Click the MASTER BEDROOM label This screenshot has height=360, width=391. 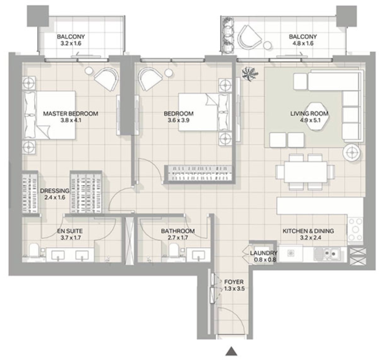point(70,113)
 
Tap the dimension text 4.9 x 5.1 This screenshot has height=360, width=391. point(309,120)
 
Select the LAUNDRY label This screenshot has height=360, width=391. point(264,253)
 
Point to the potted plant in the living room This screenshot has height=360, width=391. point(250,73)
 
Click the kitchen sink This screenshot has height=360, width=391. point(326,254)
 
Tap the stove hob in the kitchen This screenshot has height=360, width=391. point(355,229)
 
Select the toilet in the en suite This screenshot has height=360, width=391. point(34,251)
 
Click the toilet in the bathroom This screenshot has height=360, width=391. point(174,251)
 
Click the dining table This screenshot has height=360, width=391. point(305,172)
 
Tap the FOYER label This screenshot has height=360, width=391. point(234,282)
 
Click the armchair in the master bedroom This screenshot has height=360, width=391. point(106,79)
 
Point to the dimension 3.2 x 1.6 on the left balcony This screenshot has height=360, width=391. point(71,44)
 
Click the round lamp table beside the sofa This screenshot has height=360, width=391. point(352,152)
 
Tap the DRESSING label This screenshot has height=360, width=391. point(55,191)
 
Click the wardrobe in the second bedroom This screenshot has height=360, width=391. point(199,174)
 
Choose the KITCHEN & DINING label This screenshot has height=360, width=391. point(308,231)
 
